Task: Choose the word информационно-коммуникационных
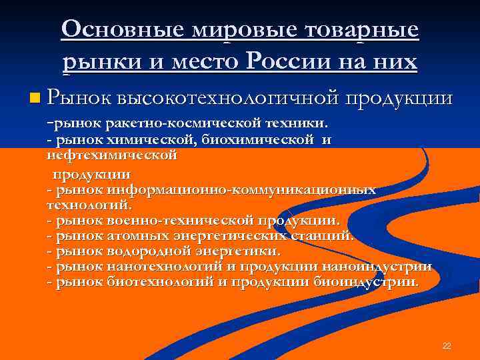241,190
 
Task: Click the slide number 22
447,346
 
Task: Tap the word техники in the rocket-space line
297,123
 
